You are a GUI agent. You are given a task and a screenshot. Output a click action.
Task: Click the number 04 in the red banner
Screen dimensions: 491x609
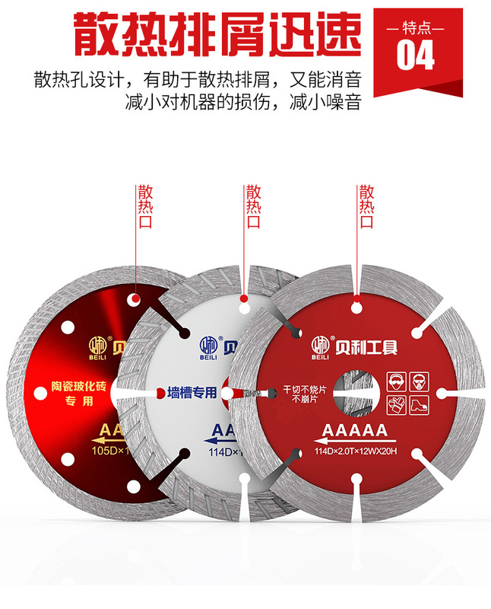click(416, 55)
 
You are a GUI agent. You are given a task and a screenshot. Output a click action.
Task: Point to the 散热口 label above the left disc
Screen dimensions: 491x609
click(144, 206)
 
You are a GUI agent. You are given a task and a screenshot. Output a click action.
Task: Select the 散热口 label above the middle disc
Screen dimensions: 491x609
click(252, 206)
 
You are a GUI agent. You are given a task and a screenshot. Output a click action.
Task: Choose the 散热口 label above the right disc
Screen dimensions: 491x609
click(366, 206)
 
